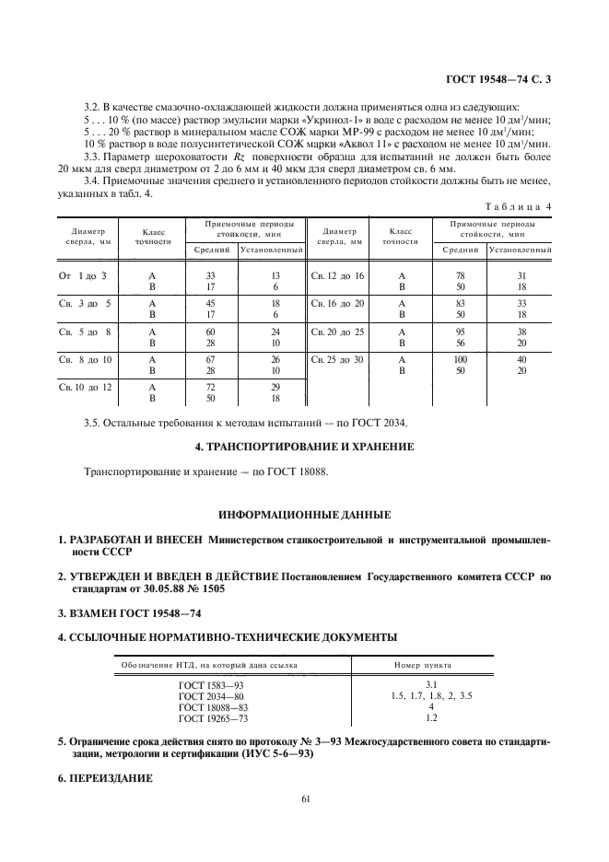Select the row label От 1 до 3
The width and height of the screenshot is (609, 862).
(x=84, y=276)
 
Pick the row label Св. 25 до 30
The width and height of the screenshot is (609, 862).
(x=338, y=359)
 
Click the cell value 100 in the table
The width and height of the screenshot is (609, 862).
(x=461, y=359)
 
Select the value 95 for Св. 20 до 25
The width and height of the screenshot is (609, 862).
(x=461, y=332)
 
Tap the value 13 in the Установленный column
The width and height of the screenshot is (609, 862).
(x=275, y=276)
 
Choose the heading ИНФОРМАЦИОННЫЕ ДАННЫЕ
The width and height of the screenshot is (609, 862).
(x=304, y=513)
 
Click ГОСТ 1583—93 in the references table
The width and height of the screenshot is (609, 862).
(x=213, y=685)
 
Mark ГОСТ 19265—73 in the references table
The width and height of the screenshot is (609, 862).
(x=213, y=718)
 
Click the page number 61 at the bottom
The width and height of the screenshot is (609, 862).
(x=305, y=799)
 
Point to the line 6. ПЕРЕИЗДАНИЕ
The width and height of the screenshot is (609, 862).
(x=104, y=775)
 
